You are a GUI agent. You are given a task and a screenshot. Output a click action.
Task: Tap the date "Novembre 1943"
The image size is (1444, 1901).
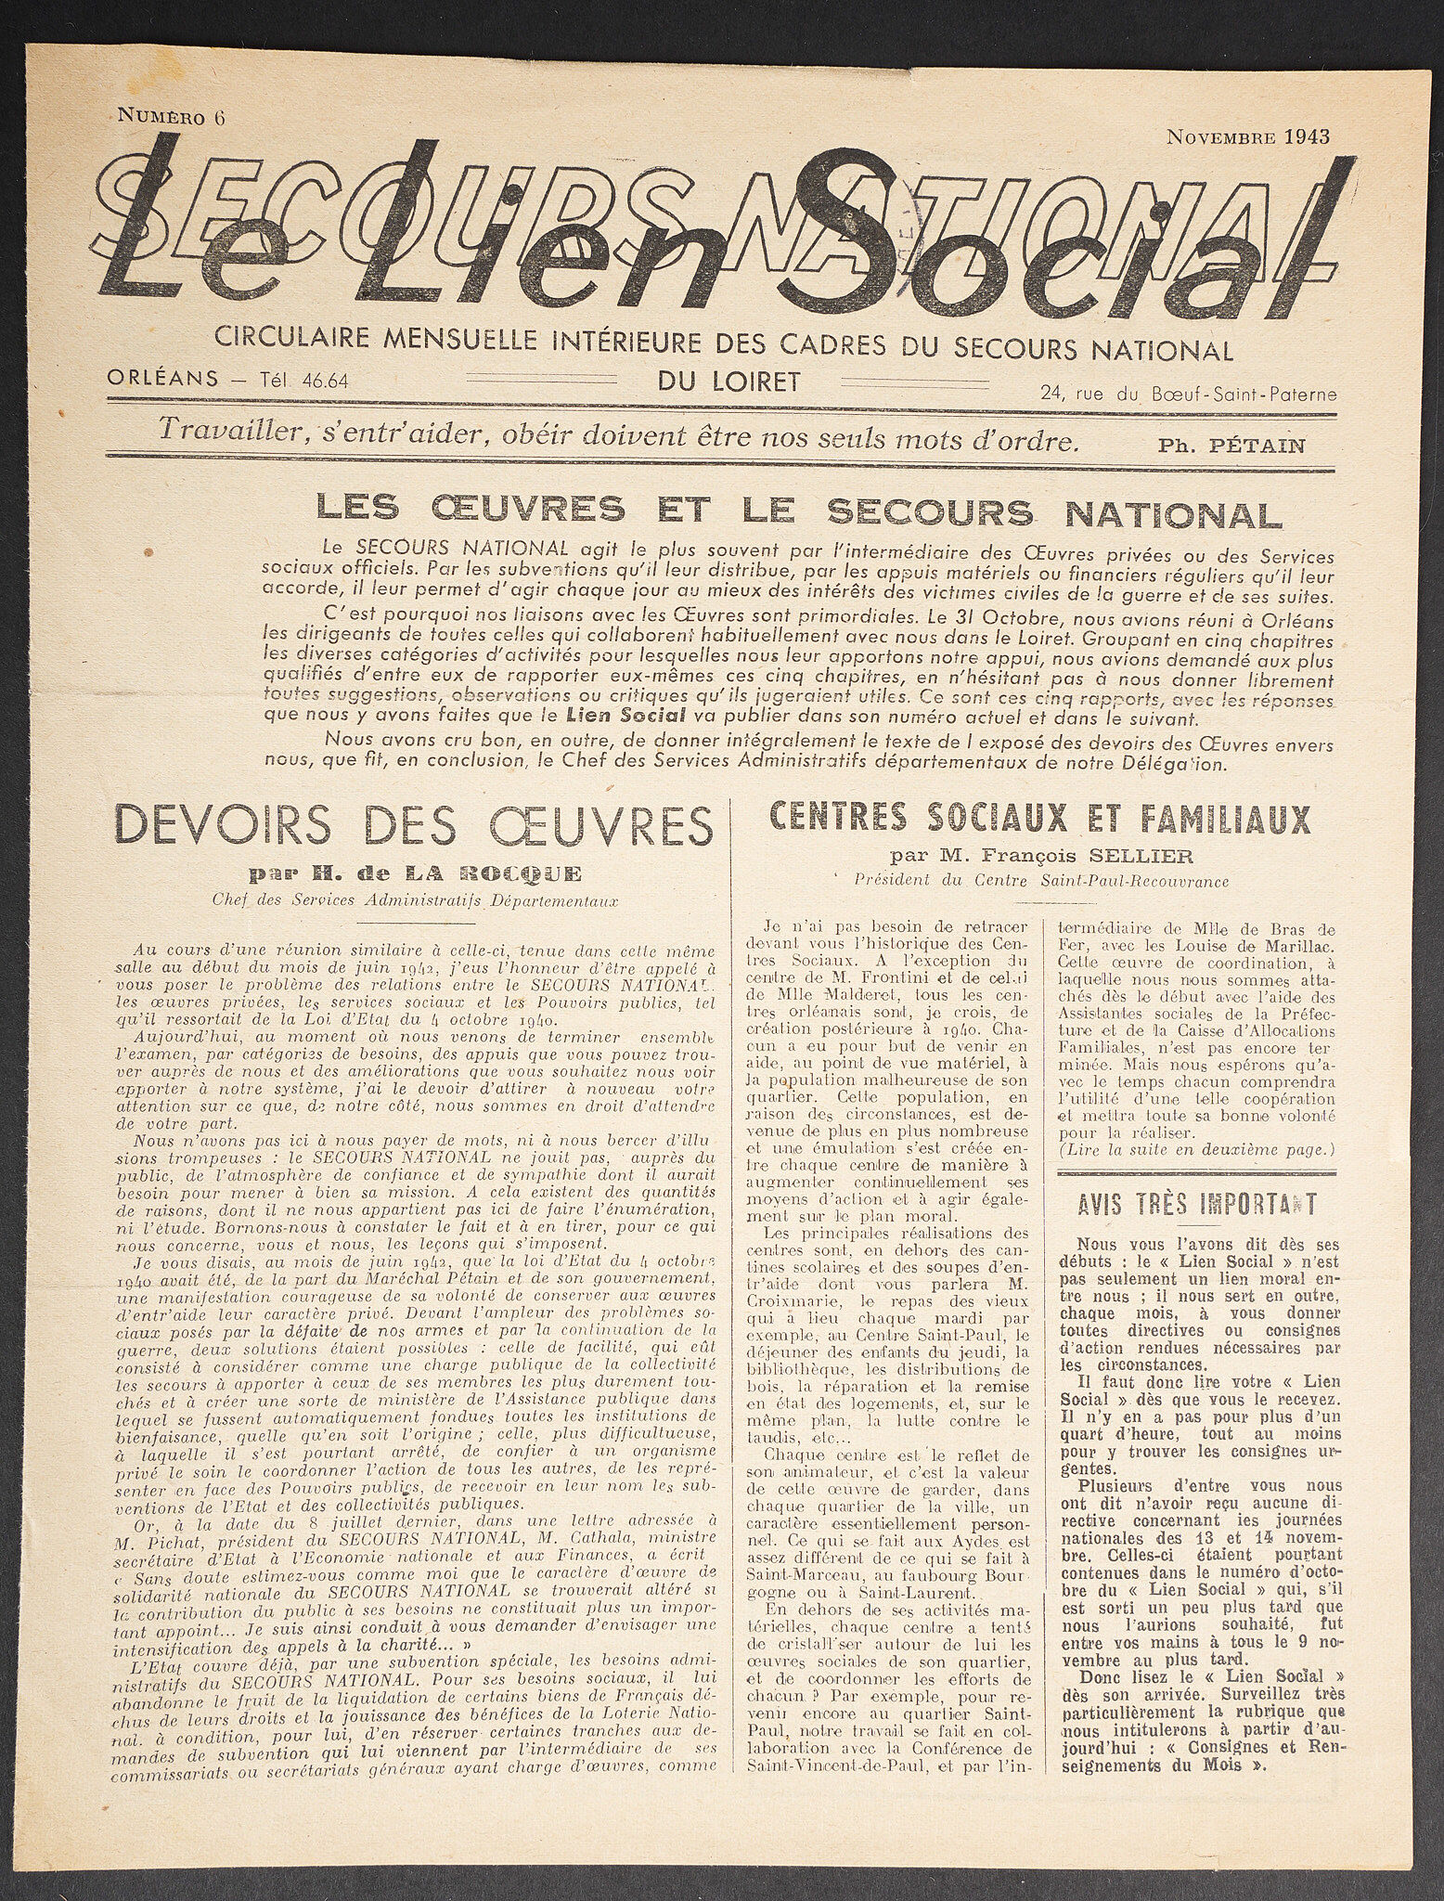(x=1247, y=136)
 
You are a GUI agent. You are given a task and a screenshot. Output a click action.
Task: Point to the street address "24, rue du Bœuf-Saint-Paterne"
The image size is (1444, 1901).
(x=1189, y=394)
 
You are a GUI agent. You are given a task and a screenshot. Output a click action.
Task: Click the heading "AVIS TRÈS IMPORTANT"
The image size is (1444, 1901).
(x=1197, y=1205)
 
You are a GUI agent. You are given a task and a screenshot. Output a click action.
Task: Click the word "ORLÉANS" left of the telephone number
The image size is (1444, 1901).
(x=162, y=380)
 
